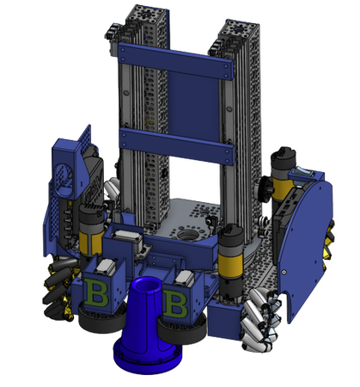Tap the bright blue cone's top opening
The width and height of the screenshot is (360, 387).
pos(147,284)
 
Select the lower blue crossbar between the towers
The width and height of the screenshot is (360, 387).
pos(177,145)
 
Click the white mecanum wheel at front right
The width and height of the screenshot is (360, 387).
pos(259,320)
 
